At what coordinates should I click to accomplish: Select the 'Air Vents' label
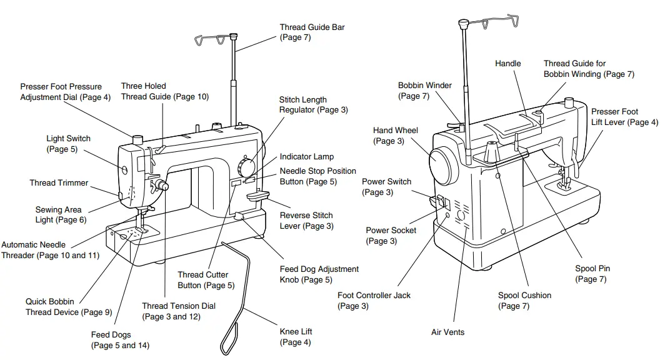point(447,332)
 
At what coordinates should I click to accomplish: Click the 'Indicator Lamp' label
point(306,157)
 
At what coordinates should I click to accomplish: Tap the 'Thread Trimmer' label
point(59,183)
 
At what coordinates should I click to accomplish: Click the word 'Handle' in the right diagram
point(507,63)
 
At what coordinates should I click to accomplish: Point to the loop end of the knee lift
point(230,337)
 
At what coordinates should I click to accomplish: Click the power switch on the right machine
point(440,201)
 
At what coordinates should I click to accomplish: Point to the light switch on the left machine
point(124,168)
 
